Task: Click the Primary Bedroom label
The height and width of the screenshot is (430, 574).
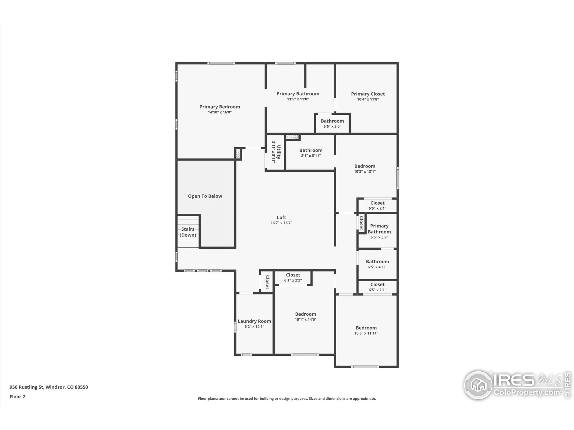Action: pos(220,107)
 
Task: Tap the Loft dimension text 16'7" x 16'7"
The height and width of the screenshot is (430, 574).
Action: pos(281,223)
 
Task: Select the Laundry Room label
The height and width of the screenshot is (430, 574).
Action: pos(254,321)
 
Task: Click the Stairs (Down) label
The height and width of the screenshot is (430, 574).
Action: pos(188,232)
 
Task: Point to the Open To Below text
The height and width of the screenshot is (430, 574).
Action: pos(205,196)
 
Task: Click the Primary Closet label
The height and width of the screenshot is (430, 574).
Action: pos(368,94)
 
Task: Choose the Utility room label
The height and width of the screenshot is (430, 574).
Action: pos(278,152)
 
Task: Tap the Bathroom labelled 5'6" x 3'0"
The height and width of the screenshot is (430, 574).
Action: pos(332,121)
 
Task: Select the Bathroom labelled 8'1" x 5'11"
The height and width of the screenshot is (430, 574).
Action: pos(311,150)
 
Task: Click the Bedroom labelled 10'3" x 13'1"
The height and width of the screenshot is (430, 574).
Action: pos(365,166)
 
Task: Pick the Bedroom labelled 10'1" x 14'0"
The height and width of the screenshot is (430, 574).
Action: pos(305,314)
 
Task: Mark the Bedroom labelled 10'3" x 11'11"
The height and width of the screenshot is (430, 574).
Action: pos(366,328)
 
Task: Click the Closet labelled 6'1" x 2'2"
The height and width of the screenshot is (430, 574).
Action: pos(293,275)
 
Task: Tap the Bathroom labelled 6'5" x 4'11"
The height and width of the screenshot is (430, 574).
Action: pos(377,262)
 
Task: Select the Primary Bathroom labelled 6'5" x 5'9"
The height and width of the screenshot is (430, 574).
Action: pos(379,229)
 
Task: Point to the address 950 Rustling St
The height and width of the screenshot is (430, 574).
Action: pos(48,387)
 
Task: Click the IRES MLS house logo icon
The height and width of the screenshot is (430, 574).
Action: pos(478,385)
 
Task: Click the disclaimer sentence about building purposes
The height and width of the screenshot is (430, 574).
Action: pos(287,398)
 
